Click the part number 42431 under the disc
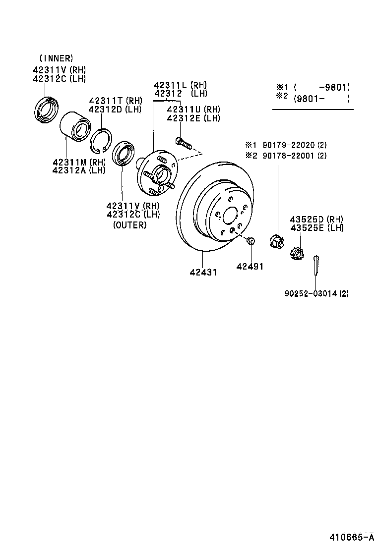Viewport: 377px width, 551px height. [203, 273]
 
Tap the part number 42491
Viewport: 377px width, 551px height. [250, 267]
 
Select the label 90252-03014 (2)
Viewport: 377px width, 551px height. [316, 293]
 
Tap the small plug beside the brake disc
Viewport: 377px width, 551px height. [251, 241]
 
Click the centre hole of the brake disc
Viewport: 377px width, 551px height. [230, 216]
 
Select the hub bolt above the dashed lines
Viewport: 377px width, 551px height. [183, 144]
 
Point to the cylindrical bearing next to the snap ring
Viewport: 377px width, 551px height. [74, 129]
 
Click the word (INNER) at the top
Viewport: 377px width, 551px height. [56, 58]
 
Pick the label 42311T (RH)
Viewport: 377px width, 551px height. [115, 101]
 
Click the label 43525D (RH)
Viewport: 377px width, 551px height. [316, 220]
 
